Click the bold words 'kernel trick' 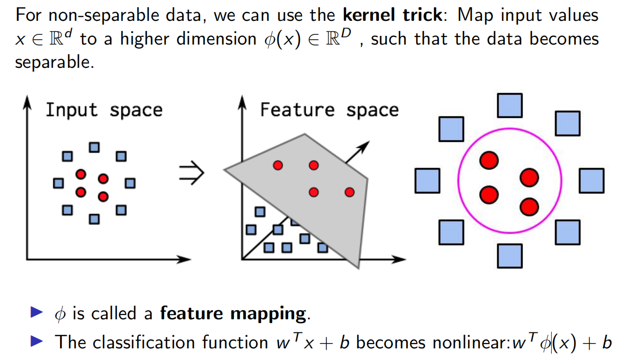(392, 15)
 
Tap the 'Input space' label (104, 110)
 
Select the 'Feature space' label (329, 110)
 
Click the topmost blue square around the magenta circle (510, 106)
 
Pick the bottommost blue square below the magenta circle (510, 256)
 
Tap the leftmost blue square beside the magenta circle (427, 180)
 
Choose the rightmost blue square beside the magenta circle (591, 180)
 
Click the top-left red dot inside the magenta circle (489, 160)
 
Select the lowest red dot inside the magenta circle (529, 207)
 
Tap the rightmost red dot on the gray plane (350, 192)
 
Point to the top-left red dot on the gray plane (278, 166)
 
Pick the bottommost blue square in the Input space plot (94, 219)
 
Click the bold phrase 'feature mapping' (233, 314)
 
